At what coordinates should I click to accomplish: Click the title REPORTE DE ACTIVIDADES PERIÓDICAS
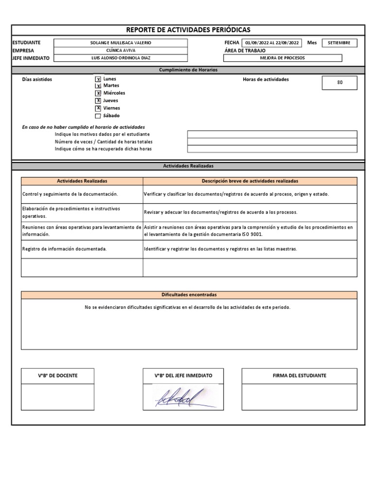pyautogui.click(x=188, y=30)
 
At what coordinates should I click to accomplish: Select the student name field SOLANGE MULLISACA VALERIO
pyautogui.click(x=120, y=43)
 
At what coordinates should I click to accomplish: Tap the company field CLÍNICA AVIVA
pyautogui.click(x=120, y=50)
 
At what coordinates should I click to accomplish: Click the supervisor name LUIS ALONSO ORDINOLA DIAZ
pyautogui.click(x=120, y=58)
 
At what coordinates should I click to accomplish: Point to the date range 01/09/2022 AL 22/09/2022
pyautogui.click(x=271, y=43)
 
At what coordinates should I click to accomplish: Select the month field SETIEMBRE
pyautogui.click(x=339, y=43)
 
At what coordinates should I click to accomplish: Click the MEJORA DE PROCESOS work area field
pyautogui.click(x=283, y=58)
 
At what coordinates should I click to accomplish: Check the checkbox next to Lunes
pyautogui.click(x=98, y=79)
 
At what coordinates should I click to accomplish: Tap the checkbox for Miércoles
pyautogui.click(x=98, y=93)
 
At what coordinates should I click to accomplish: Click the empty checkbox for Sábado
pyautogui.click(x=98, y=116)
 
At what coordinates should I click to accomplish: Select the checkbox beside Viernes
pyautogui.click(x=98, y=108)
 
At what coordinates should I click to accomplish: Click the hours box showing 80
pyautogui.click(x=339, y=83)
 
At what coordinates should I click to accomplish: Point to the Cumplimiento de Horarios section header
pyautogui.click(x=188, y=70)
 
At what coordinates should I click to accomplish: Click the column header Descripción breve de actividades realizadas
pyautogui.click(x=250, y=181)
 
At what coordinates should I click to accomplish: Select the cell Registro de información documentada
pyautogui.click(x=65, y=249)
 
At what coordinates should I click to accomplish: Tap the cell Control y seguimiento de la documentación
pyautogui.click(x=70, y=194)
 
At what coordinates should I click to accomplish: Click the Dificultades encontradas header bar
pyautogui.click(x=189, y=295)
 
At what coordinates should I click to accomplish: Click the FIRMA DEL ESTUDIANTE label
pyautogui.click(x=299, y=375)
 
